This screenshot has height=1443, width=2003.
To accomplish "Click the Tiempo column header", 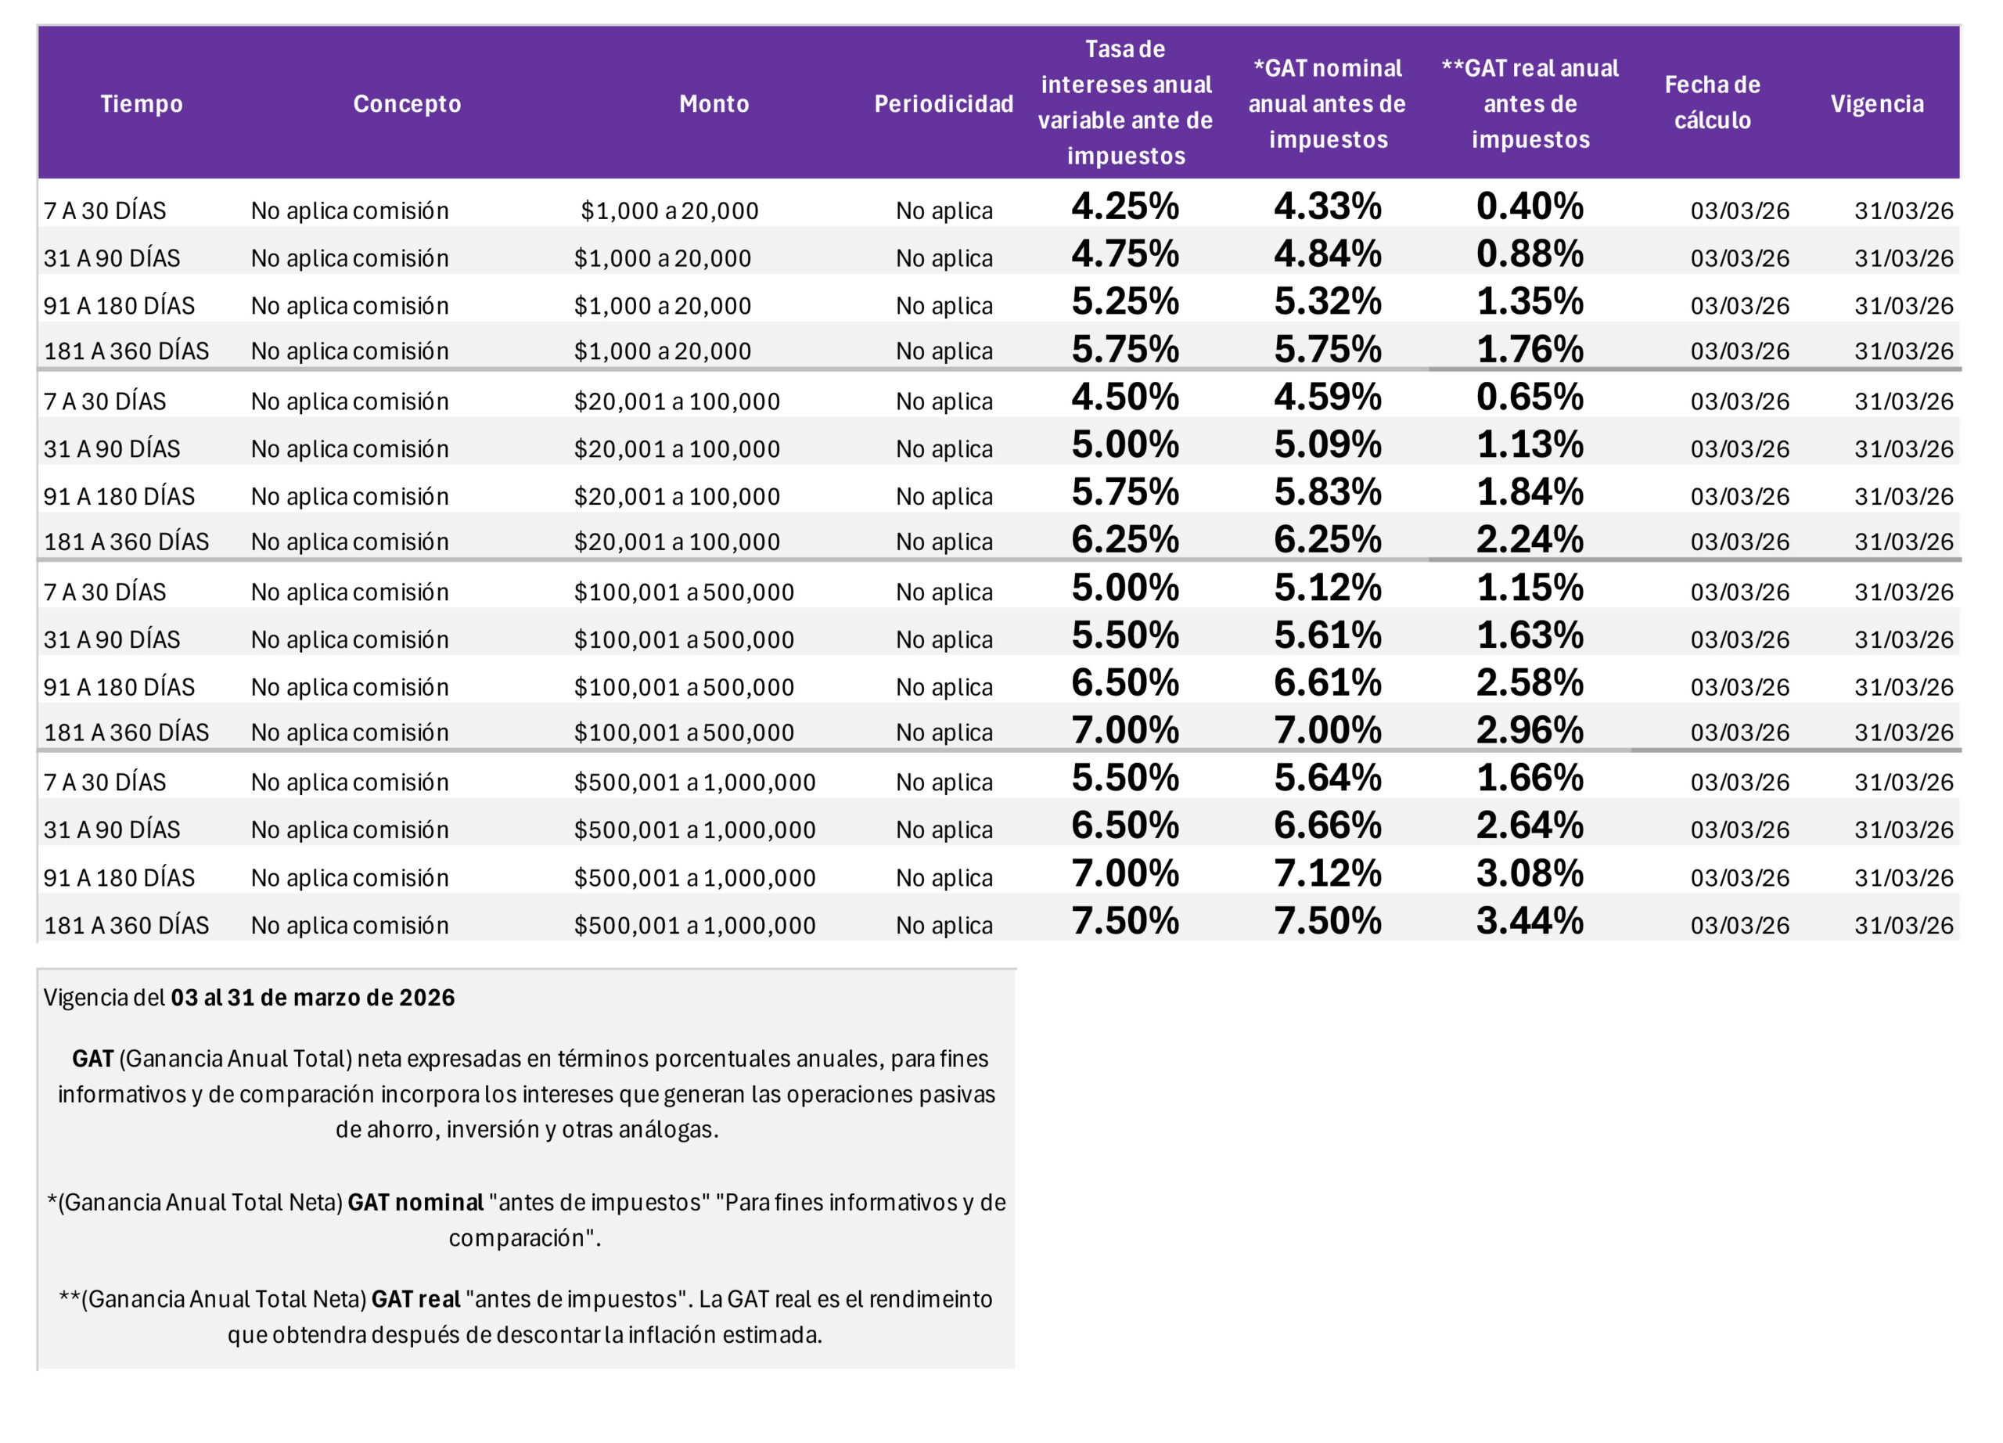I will click(x=142, y=103).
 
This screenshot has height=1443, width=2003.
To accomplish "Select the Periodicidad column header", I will click(x=944, y=103).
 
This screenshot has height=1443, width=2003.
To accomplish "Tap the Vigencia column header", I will click(x=1877, y=103).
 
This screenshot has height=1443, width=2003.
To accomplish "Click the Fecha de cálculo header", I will click(x=1713, y=103).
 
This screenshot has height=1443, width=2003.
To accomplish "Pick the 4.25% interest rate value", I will click(x=1125, y=206).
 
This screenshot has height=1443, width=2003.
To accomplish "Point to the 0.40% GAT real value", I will click(x=1530, y=206).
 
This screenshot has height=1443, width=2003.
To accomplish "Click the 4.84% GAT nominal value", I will click(x=1328, y=254).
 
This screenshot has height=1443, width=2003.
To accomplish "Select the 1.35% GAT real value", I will click(x=1530, y=301).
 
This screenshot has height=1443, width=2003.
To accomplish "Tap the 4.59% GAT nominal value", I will click(x=1328, y=397).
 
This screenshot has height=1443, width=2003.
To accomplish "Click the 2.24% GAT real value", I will click(x=1530, y=538).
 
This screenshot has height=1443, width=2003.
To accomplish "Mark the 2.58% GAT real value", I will click(x=1530, y=682).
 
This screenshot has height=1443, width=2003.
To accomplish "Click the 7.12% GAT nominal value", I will click(x=1328, y=873).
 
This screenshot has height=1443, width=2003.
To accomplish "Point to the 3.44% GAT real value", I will click(x=1530, y=921).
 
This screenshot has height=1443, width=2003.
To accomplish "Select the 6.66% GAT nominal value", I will click(x=1328, y=826).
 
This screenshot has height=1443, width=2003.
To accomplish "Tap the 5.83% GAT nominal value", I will click(x=1328, y=492).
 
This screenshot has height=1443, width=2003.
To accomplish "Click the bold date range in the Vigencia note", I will click(x=313, y=998).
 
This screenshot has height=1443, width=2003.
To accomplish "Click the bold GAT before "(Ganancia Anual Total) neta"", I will click(x=93, y=1059).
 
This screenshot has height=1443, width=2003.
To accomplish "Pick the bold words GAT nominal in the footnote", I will click(x=415, y=1203).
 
